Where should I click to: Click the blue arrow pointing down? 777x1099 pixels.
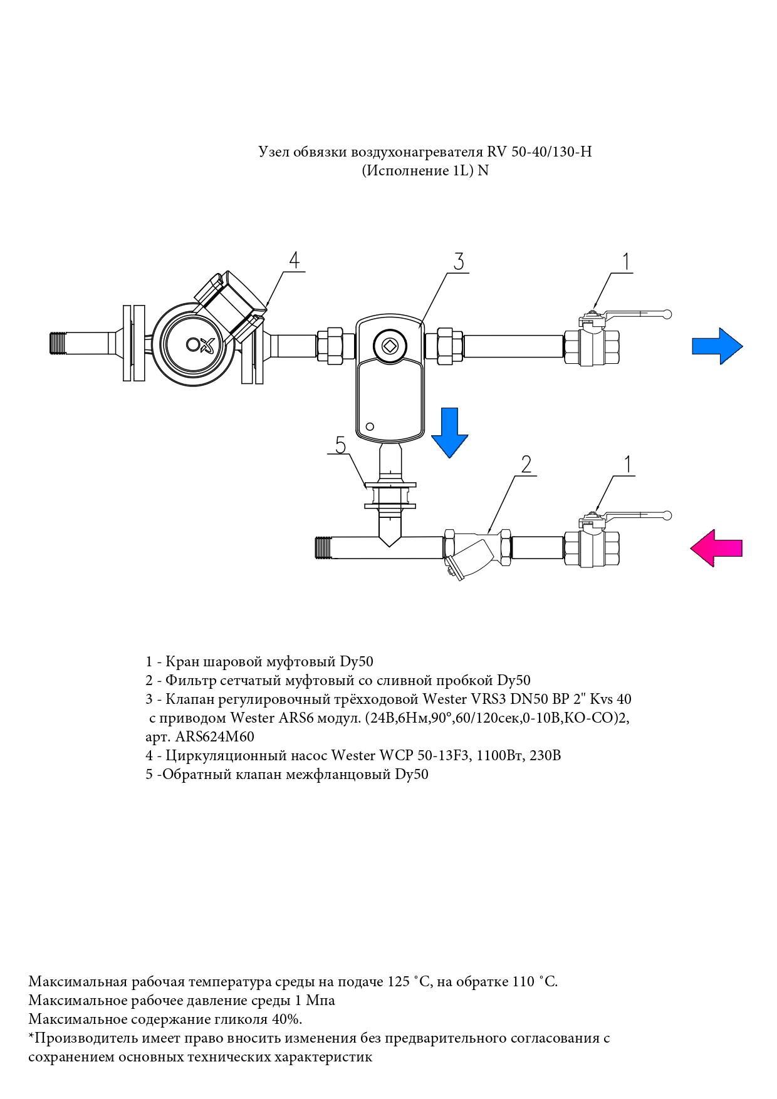point(449,433)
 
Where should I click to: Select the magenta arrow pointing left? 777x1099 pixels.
point(716,549)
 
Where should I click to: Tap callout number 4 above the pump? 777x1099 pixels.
point(295,260)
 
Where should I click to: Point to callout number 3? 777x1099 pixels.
point(459,261)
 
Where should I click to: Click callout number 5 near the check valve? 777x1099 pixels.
point(340,445)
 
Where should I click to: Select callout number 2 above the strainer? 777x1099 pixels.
point(526,464)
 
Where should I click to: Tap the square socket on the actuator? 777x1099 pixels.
point(389,344)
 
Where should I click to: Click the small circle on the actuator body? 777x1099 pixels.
point(370,426)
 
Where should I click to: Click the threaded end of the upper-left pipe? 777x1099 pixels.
point(58,343)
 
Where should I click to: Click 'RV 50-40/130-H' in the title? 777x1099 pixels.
point(540,152)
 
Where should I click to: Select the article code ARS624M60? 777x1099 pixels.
point(215,736)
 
